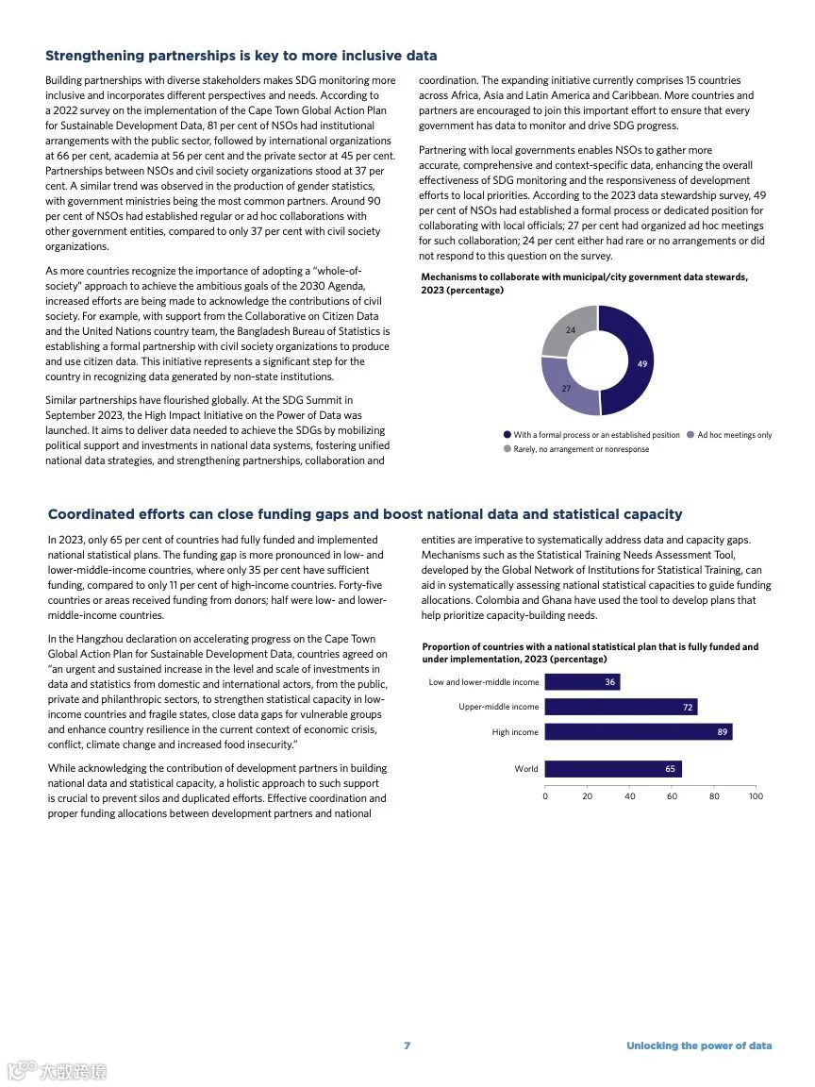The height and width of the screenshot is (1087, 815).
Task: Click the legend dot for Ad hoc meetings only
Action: click(x=690, y=435)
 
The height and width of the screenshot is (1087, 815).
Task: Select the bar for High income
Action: click(x=639, y=732)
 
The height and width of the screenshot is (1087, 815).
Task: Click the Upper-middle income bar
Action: click(x=621, y=707)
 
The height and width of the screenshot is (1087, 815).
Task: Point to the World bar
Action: click(x=613, y=769)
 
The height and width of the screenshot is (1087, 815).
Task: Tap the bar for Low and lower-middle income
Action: click(x=582, y=682)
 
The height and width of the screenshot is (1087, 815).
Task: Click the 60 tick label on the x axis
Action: click(x=672, y=796)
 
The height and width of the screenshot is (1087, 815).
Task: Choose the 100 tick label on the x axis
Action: click(x=756, y=796)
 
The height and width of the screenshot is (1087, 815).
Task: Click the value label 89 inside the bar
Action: click(x=723, y=732)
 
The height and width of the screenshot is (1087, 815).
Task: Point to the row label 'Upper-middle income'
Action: click(x=498, y=707)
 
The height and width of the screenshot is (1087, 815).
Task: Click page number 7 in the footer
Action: click(x=407, y=1045)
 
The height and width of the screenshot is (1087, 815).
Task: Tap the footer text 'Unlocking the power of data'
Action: click(x=699, y=1045)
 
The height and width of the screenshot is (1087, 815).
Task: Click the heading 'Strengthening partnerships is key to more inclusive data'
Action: click(x=241, y=56)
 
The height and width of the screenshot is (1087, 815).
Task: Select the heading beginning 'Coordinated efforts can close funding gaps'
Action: click(x=364, y=514)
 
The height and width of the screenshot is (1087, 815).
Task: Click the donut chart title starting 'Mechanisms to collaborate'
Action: click(x=584, y=283)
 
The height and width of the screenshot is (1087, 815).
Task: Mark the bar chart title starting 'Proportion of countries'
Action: click(x=590, y=653)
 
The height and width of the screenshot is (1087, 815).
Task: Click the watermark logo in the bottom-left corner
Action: click(x=57, y=1071)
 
